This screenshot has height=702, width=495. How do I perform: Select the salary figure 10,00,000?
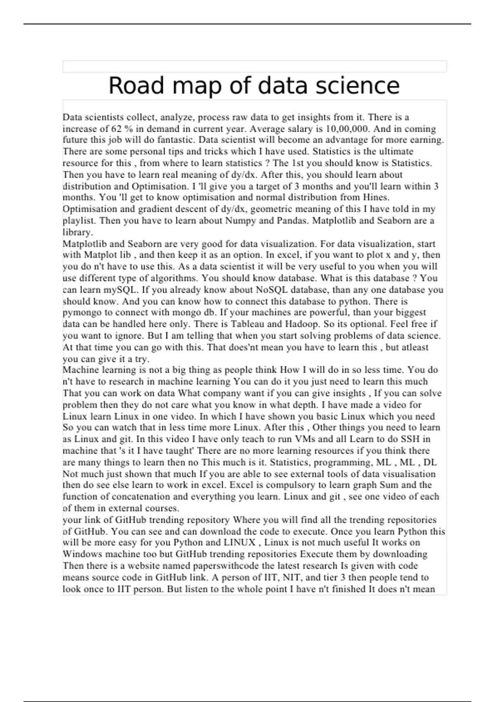tap(348, 129)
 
